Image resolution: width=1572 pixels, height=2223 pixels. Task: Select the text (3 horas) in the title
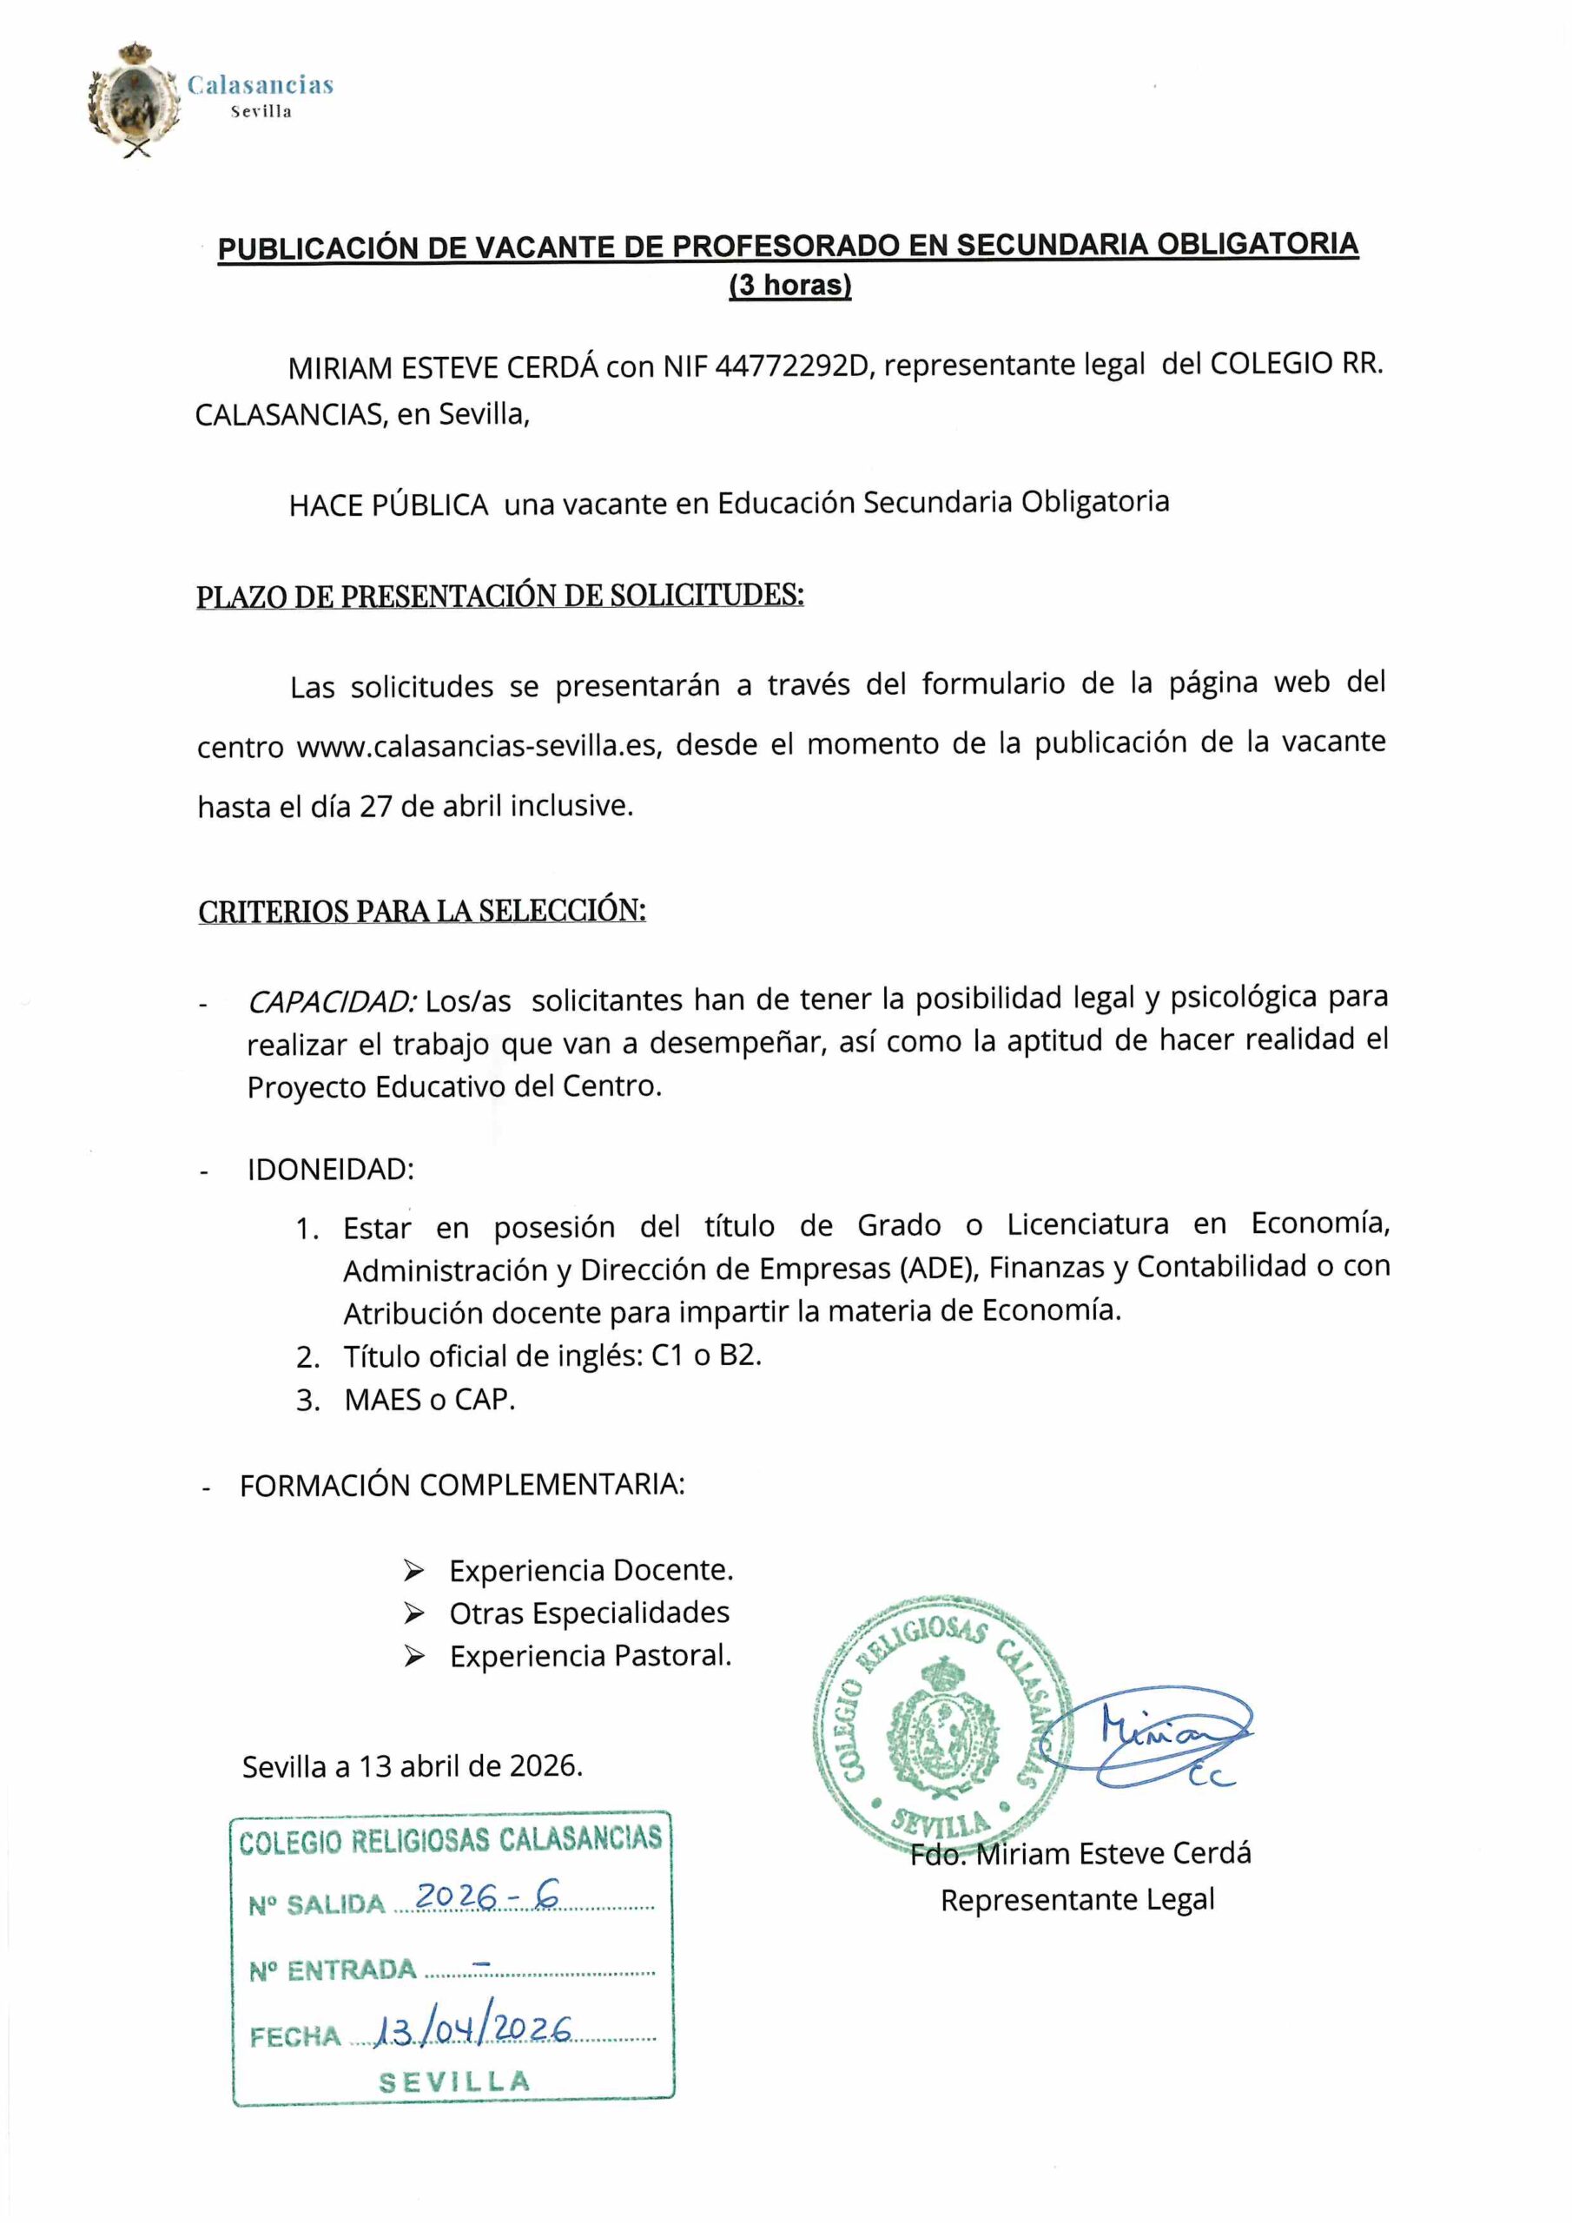(789, 286)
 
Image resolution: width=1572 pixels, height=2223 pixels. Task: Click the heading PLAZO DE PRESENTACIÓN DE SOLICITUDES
(499, 595)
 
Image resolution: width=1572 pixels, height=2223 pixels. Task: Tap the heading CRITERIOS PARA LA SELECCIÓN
(421, 911)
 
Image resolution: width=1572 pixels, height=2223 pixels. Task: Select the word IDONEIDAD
(330, 1170)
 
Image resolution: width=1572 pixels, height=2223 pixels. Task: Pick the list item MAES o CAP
(429, 1400)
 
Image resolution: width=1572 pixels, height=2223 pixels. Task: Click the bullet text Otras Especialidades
(589, 1613)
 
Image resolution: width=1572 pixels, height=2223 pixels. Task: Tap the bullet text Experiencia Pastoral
(590, 1657)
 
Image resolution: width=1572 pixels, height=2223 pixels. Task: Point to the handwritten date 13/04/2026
(472, 2029)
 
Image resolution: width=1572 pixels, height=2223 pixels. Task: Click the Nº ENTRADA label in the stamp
(333, 1969)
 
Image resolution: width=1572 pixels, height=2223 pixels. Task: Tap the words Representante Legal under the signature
(1077, 1900)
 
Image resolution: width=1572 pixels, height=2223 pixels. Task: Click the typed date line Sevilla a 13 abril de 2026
(413, 1767)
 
